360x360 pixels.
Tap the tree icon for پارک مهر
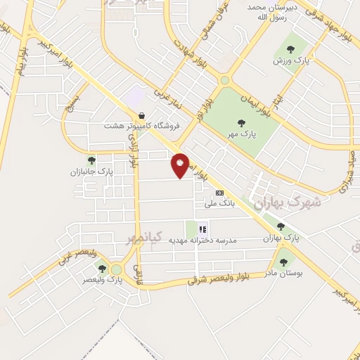[x=242, y=123]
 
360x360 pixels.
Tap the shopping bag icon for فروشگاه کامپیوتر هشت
[x=143, y=115]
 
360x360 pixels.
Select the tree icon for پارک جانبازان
[x=91, y=161]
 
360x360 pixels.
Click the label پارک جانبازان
[x=91, y=172]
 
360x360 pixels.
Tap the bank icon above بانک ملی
[x=220, y=193]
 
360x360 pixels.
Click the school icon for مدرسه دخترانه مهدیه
[x=203, y=229]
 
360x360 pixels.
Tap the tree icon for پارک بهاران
[x=281, y=227]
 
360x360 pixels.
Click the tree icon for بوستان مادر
[x=283, y=262]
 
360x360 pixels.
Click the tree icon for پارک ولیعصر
[x=102, y=269]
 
